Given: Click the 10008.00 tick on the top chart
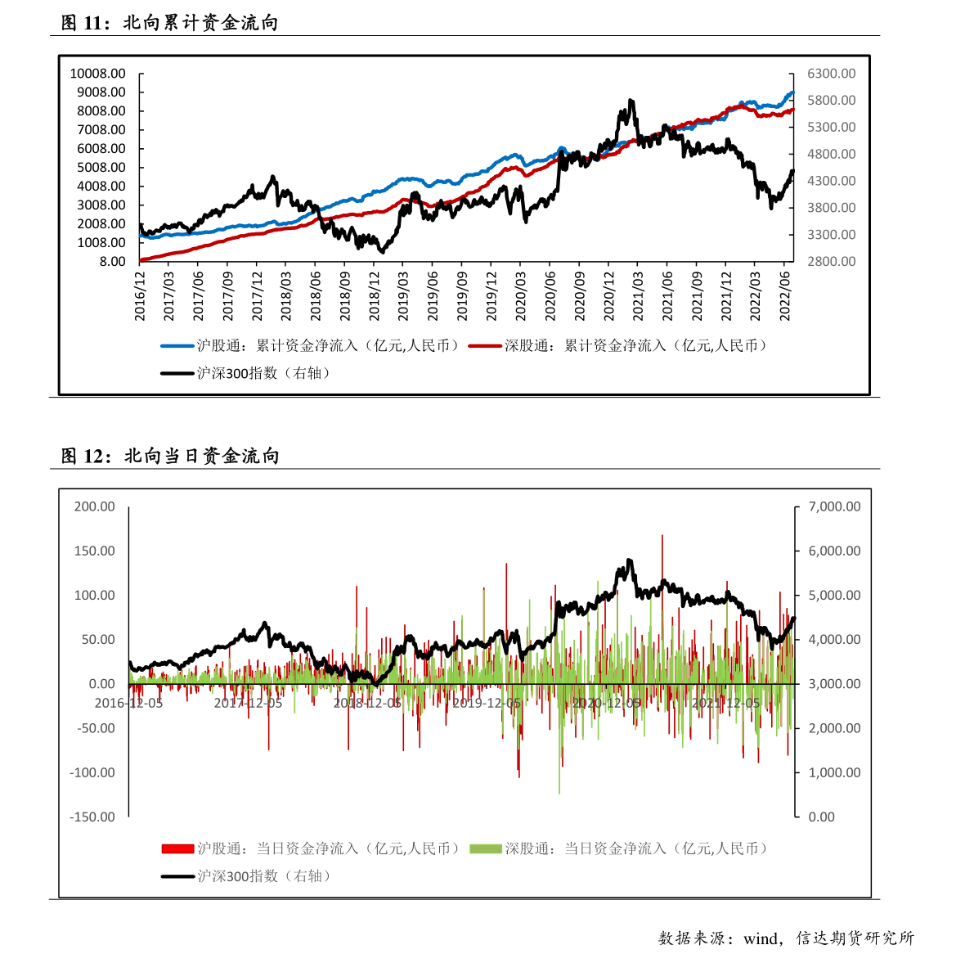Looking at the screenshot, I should point(97,74).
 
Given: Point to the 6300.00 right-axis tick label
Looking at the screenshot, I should point(831,74).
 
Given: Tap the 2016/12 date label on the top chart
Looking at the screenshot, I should point(140,296).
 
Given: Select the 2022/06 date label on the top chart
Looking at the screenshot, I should point(785,296).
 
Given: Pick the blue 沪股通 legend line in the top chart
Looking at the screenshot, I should point(177,346).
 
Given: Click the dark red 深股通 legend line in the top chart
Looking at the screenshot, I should point(485,346).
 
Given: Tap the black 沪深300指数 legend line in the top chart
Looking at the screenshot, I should point(177,373).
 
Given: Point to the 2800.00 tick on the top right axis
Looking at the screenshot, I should point(831,262).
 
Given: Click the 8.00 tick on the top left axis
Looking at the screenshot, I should point(113,262).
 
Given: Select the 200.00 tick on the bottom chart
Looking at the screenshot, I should point(95,506).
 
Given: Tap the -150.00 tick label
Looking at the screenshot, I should point(92,817).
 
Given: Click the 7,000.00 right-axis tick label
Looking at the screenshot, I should point(834,506).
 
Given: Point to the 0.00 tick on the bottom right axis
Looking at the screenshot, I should point(821,817).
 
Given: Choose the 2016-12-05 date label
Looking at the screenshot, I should point(129,703).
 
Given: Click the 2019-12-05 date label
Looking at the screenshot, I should point(487,703).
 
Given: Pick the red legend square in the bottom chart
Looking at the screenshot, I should point(177,848).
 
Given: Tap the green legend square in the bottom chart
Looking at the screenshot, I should point(485,848).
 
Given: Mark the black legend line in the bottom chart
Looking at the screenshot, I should point(177,876).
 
